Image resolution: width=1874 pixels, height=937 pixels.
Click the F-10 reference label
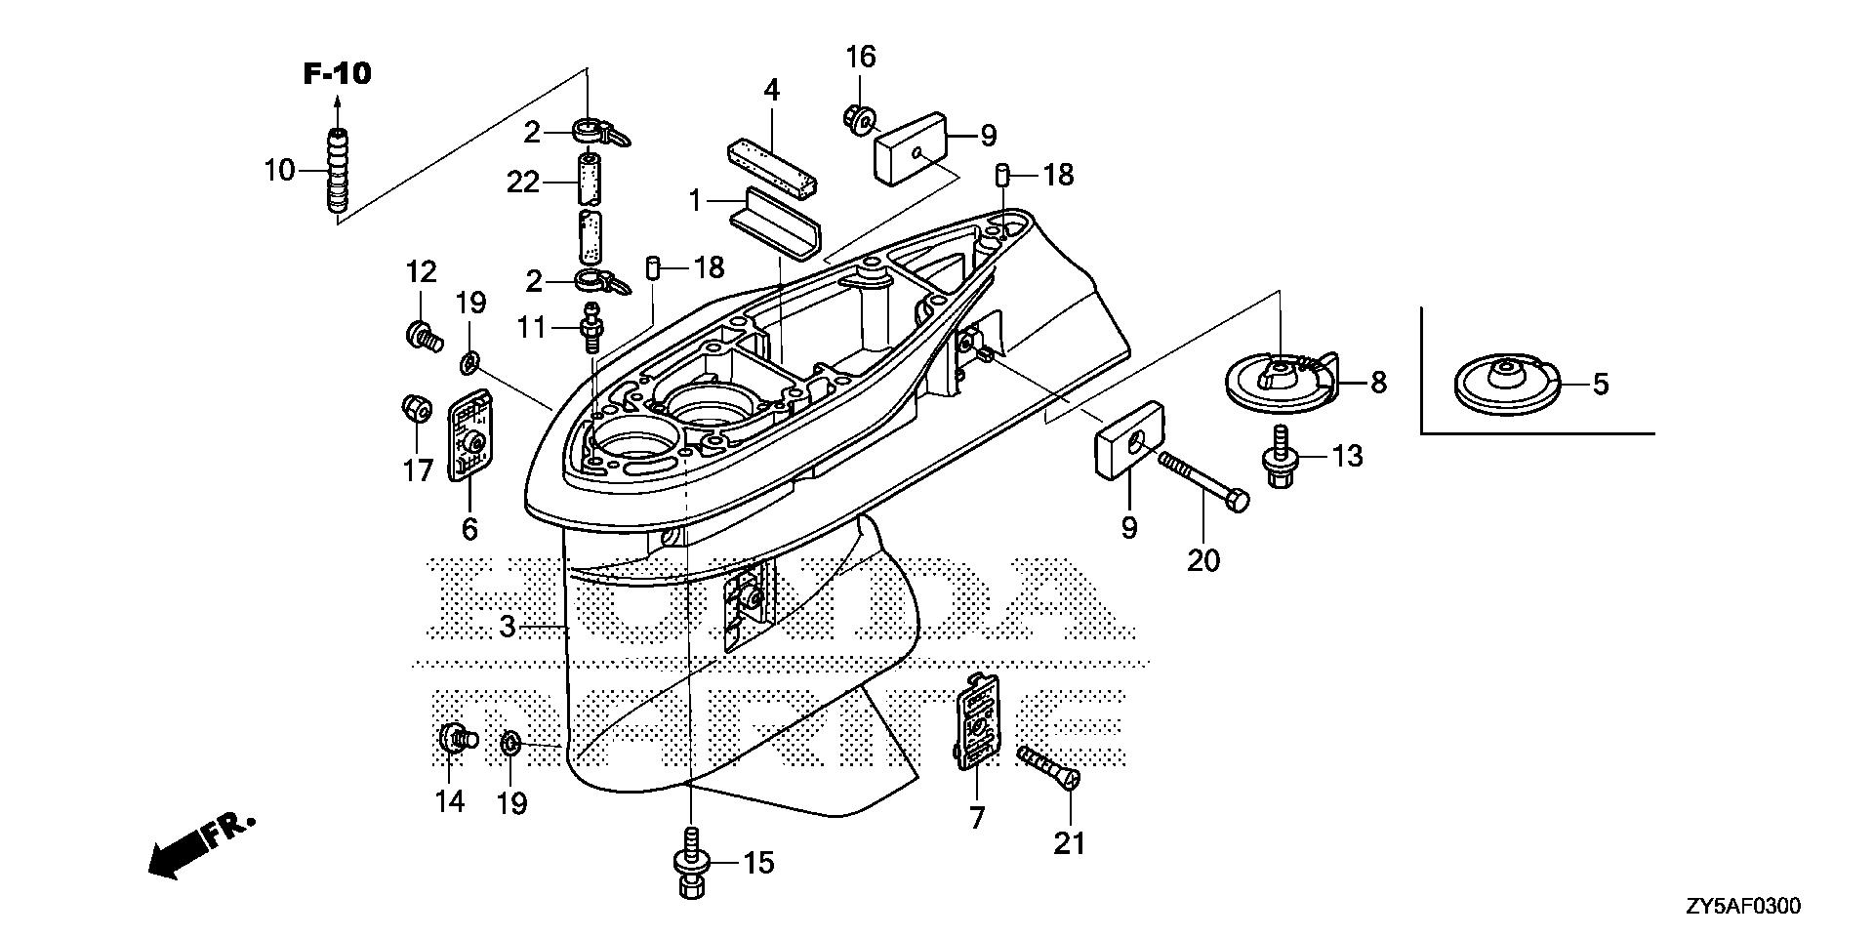pos(337,73)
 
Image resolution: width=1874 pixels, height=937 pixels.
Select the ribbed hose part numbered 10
pos(338,170)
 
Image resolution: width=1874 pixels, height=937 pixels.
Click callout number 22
pos(523,182)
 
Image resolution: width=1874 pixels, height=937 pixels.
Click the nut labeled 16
pos(858,119)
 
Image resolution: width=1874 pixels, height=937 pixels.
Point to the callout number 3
pos(507,626)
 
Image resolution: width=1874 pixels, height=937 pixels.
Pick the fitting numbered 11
pos(589,327)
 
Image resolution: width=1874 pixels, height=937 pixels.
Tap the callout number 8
pos(1377,383)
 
